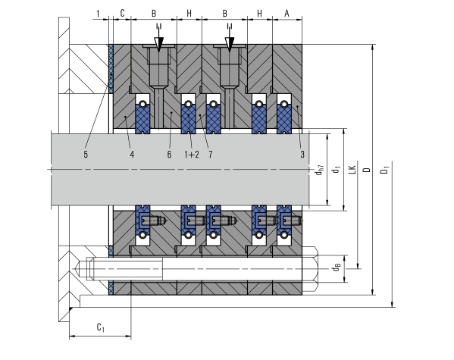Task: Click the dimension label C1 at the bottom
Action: (x=101, y=327)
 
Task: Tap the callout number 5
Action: (x=86, y=155)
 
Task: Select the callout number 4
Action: (x=132, y=155)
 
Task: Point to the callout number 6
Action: (x=169, y=155)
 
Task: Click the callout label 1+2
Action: (x=192, y=155)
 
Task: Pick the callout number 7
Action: (x=211, y=155)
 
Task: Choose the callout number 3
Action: (x=302, y=155)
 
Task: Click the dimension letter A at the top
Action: (x=286, y=14)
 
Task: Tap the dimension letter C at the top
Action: (x=122, y=14)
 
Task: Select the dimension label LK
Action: (x=352, y=170)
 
